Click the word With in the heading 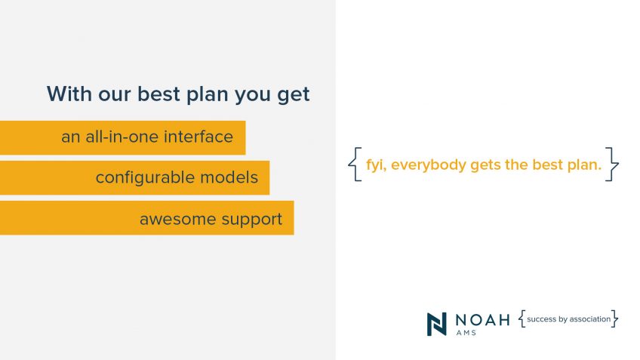pyautogui.click(x=69, y=94)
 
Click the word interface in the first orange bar pyautogui.click(x=198, y=137)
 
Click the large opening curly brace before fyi pyautogui.click(x=355, y=164)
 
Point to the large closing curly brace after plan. pyautogui.click(x=612, y=164)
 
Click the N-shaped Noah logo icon pyautogui.click(x=437, y=324)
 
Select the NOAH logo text pyautogui.click(x=482, y=319)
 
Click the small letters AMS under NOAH pyautogui.click(x=466, y=333)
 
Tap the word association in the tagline pyautogui.click(x=590, y=319)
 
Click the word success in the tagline pyautogui.click(x=542, y=319)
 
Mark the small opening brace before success pyautogui.click(x=522, y=318)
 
